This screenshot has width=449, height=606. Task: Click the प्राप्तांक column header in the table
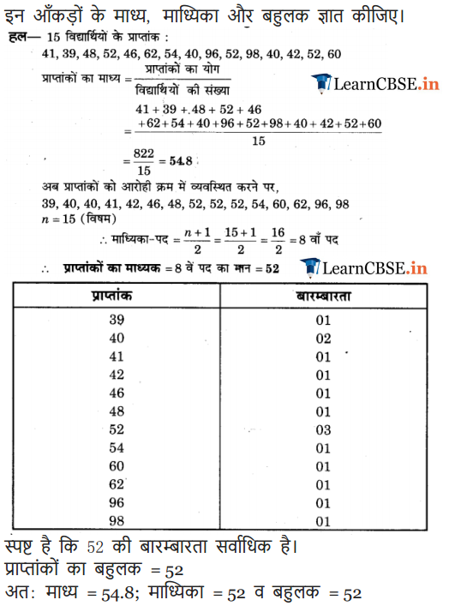pyautogui.click(x=116, y=295)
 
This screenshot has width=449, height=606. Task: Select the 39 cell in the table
pyautogui.click(x=117, y=321)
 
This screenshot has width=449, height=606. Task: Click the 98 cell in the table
pyautogui.click(x=117, y=520)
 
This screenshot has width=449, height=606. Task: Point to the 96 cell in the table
pyautogui.click(x=117, y=502)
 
